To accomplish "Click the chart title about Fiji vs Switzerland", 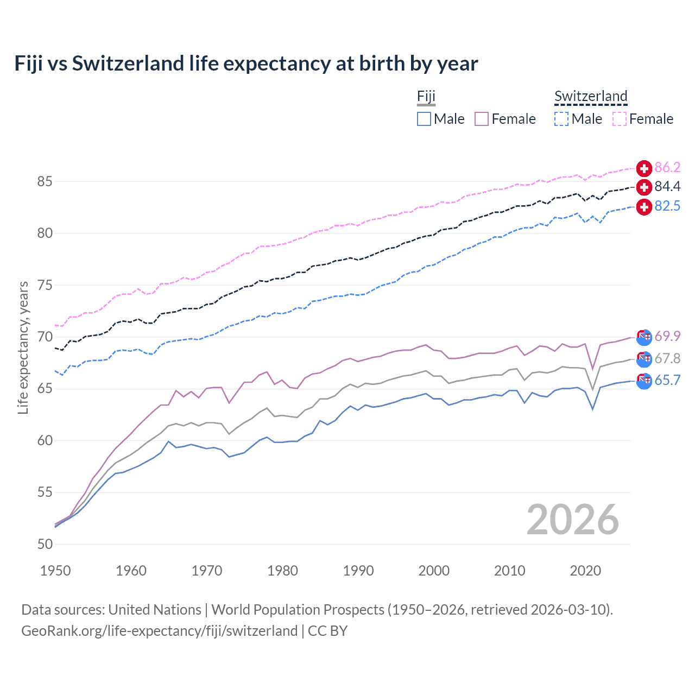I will (246, 64).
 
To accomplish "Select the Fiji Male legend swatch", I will (424, 119).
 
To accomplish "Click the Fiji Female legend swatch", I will (482, 119).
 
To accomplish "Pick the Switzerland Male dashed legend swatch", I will (561, 119).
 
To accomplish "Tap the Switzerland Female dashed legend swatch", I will (620, 119).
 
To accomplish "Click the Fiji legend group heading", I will (426, 97).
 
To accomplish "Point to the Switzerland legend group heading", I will (591, 97).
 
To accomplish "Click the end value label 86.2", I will (667, 167).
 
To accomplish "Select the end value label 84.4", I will (667, 187).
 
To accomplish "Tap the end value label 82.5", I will (667, 206).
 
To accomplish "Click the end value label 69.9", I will (667, 337).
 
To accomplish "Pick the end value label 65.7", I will (667, 381).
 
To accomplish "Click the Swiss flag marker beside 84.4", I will (644, 187).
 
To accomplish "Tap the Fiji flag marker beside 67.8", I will (644, 359).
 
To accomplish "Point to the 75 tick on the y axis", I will (45, 285).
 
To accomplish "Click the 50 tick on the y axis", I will (45, 544).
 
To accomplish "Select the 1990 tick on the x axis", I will (358, 571).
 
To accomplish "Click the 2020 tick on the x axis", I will (585, 571).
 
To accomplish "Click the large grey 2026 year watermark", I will (573, 520).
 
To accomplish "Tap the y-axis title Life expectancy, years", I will (23, 347).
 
